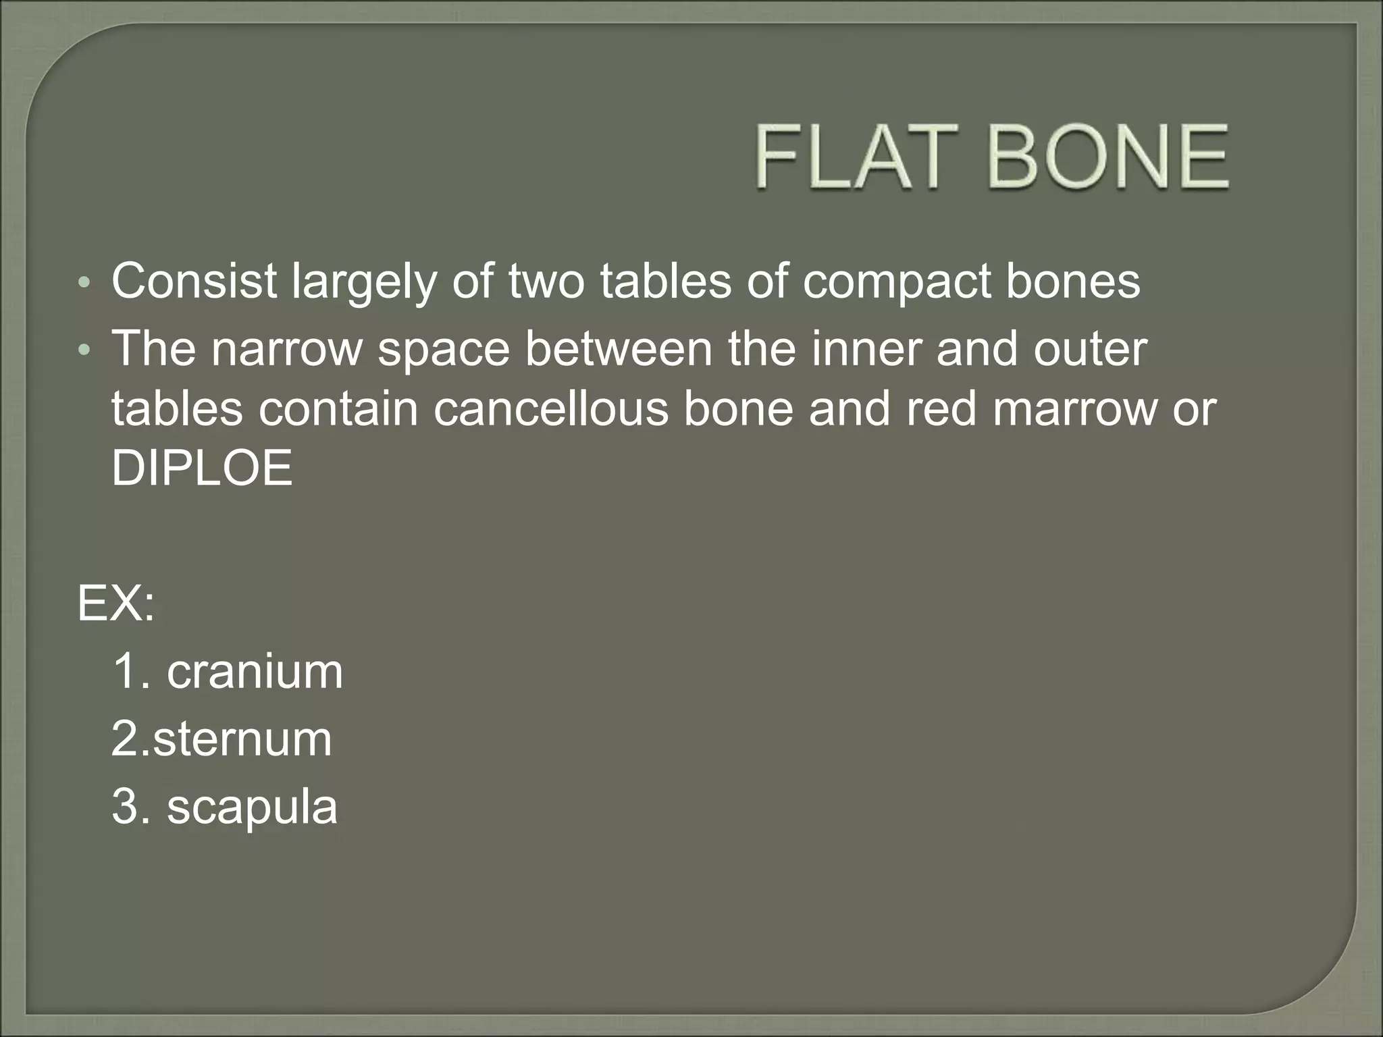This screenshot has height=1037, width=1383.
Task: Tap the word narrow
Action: click(x=286, y=350)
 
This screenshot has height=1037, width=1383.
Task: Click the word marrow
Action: click(x=1074, y=410)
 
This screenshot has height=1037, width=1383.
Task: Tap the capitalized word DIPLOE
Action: click(x=202, y=468)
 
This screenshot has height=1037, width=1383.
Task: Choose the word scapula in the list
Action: click(x=252, y=808)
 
